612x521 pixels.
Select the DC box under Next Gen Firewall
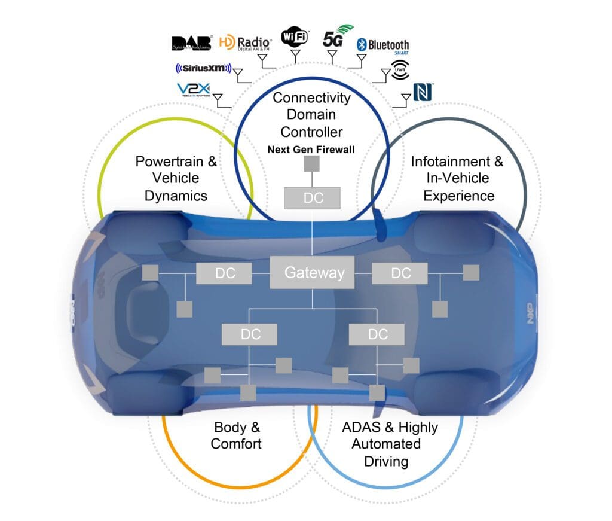point(313,198)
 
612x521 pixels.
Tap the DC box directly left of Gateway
point(224,273)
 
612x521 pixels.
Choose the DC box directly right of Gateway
point(400,273)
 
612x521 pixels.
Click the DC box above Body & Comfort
point(250,334)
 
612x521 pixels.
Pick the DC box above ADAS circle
point(377,334)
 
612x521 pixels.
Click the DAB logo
point(192,42)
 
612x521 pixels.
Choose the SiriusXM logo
point(203,69)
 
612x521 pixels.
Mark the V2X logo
point(192,90)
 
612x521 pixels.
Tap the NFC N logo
point(423,92)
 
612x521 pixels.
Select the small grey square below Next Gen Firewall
point(312,164)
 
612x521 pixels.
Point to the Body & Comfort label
point(237,435)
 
